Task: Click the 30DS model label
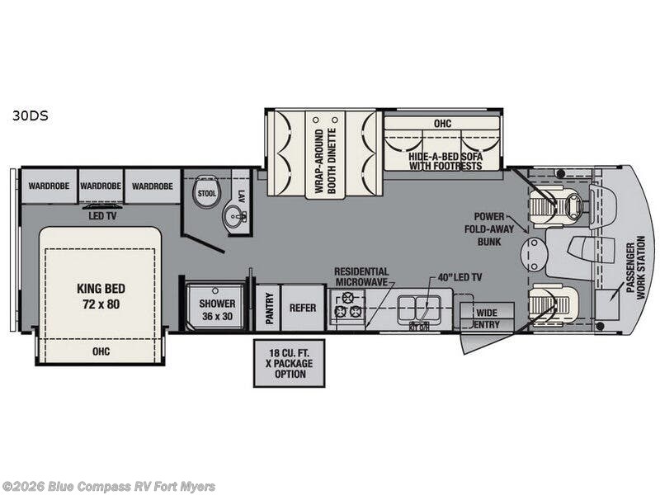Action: click(30, 115)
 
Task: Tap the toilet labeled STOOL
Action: click(206, 192)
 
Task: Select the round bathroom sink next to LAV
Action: click(234, 217)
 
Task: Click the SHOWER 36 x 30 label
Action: click(217, 309)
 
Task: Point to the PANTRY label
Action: click(270, 308)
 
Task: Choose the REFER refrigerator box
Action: click(303, 308)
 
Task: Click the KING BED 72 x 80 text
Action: click(101, 296)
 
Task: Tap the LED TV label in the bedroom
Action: click(102, 216)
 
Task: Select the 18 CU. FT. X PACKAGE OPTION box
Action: click(290, 363)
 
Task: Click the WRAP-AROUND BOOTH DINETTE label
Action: click(325, 161)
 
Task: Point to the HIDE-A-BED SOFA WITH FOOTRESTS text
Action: click(445, 161)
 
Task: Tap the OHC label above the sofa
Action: click(442, 123)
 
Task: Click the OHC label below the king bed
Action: click(101, 351)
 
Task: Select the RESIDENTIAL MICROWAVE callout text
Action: click(361, 277)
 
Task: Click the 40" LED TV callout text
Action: click(460, 277)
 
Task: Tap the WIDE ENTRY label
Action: click(487, 318)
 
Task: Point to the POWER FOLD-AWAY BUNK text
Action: click(489, 229)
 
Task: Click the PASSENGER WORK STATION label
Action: click(635, 267)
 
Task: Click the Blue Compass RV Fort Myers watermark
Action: click(108, 487)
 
